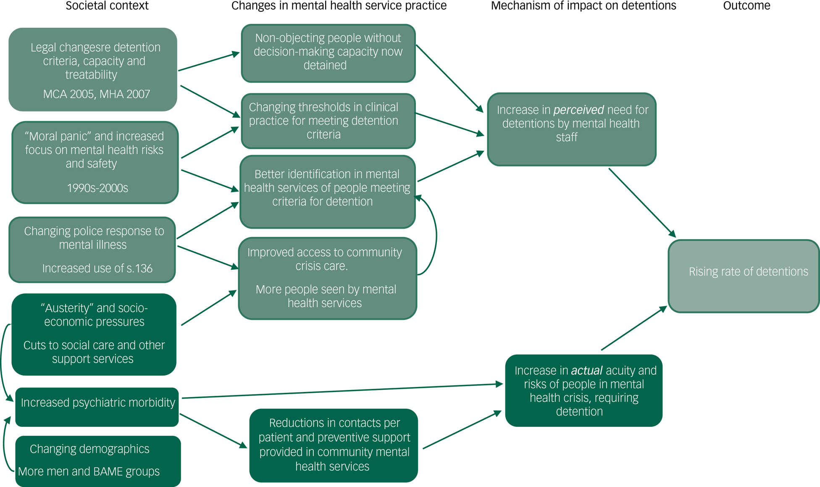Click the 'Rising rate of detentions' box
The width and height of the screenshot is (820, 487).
744,276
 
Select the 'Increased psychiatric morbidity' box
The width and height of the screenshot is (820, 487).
97,407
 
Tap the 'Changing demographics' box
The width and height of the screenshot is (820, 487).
98,461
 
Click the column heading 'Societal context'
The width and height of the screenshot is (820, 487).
107,6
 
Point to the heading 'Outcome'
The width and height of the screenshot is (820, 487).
746,6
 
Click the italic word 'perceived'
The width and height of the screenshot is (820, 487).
578,110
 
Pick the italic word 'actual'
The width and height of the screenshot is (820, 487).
586,371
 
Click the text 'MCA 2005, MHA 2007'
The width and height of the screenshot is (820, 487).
97,94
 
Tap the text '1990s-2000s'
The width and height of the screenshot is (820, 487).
97,188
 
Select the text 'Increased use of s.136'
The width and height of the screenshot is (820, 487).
97,269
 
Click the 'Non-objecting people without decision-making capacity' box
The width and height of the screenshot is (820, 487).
328,53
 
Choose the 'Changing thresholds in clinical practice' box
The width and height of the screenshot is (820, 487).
328,121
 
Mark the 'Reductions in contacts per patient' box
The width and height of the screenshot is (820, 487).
334,445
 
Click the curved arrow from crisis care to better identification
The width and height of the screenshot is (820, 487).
436,235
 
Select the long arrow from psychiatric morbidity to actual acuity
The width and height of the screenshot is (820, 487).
342,391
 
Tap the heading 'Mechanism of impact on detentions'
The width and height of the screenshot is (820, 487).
583,6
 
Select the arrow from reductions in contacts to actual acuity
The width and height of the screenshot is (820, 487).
462,430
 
